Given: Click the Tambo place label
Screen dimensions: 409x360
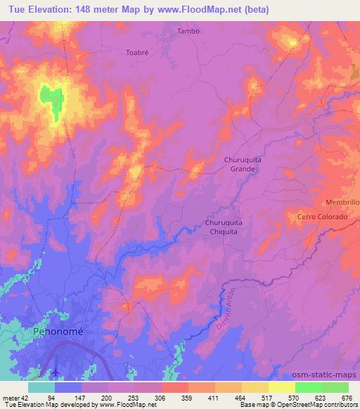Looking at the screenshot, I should [x=188, y=31].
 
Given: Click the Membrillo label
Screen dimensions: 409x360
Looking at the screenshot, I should [x=342, y=202].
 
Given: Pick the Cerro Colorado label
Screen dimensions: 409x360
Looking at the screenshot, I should [x=323, y=217].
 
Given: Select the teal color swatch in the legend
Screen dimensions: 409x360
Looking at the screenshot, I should [x=41, y=387].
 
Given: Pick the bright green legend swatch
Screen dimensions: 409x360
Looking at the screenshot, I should [x=309, y=387].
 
